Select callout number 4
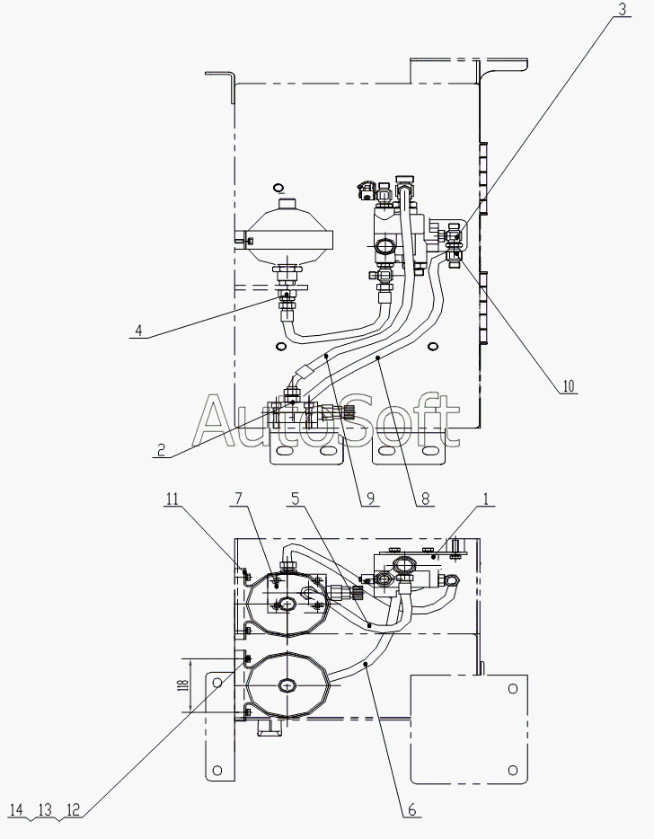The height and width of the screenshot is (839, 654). pos(137,330)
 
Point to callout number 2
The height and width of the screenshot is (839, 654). pos(160,451)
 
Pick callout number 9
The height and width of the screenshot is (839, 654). pos(368,500)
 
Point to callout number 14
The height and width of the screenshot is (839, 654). pos(16,809)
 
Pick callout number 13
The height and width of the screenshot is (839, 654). pos(45,809)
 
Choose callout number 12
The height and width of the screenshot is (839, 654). pos(74,809)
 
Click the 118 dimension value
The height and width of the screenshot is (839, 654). pos(183,684)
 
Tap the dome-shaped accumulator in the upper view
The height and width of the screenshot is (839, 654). pos(287,235)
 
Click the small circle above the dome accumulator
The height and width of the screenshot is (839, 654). pos(278,188)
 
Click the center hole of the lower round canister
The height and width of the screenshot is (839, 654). pos(287,685)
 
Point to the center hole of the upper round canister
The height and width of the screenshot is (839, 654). pos(287,603)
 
